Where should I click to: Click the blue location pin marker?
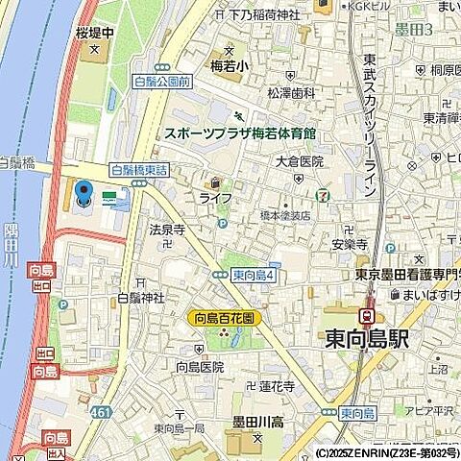pyautogui.click(x=84, y=195)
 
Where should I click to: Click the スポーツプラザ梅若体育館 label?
pyautogui.click(x=240, y=133)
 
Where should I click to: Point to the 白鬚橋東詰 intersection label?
pyautogui.click(x=139, y=169)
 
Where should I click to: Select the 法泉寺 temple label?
pyautogui.click(x=166, y=230)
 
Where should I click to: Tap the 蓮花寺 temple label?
pyautogui.click(x=277, y=387)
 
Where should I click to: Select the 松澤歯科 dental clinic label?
pyautogui.click(x=292, y=93)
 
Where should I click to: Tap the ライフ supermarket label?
pyautogui.click(x=216, y=197)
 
